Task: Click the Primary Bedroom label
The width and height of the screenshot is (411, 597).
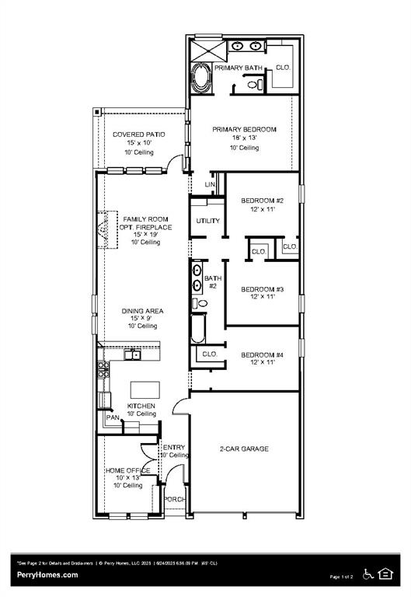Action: (x=244, y=130)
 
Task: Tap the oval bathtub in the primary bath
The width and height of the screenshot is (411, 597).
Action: (x=200, y=79)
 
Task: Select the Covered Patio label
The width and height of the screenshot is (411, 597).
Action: (x=138, y=134)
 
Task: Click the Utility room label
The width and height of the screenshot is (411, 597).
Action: (x=207, y=221)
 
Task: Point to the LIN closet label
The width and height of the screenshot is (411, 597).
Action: (x=209, y=184)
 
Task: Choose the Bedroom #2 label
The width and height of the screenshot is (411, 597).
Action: (x=262, y=201)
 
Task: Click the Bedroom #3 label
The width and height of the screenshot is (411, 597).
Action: (x=262, y=289)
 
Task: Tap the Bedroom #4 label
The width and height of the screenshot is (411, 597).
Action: (x=262, y=355)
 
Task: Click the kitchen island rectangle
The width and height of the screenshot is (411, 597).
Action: (x=143, y=389)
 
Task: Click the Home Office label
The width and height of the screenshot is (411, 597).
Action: (x=127, y=470)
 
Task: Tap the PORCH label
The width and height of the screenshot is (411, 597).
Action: (x=174, y=499)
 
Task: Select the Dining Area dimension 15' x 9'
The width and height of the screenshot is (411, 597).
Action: (x=142, y=319)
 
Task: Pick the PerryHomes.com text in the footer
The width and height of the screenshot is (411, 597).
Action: (x=47, y=574)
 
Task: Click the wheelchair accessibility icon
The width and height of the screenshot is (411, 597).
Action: (x=368, y=574)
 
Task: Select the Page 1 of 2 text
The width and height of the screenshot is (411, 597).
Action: (x=341, y=577)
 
